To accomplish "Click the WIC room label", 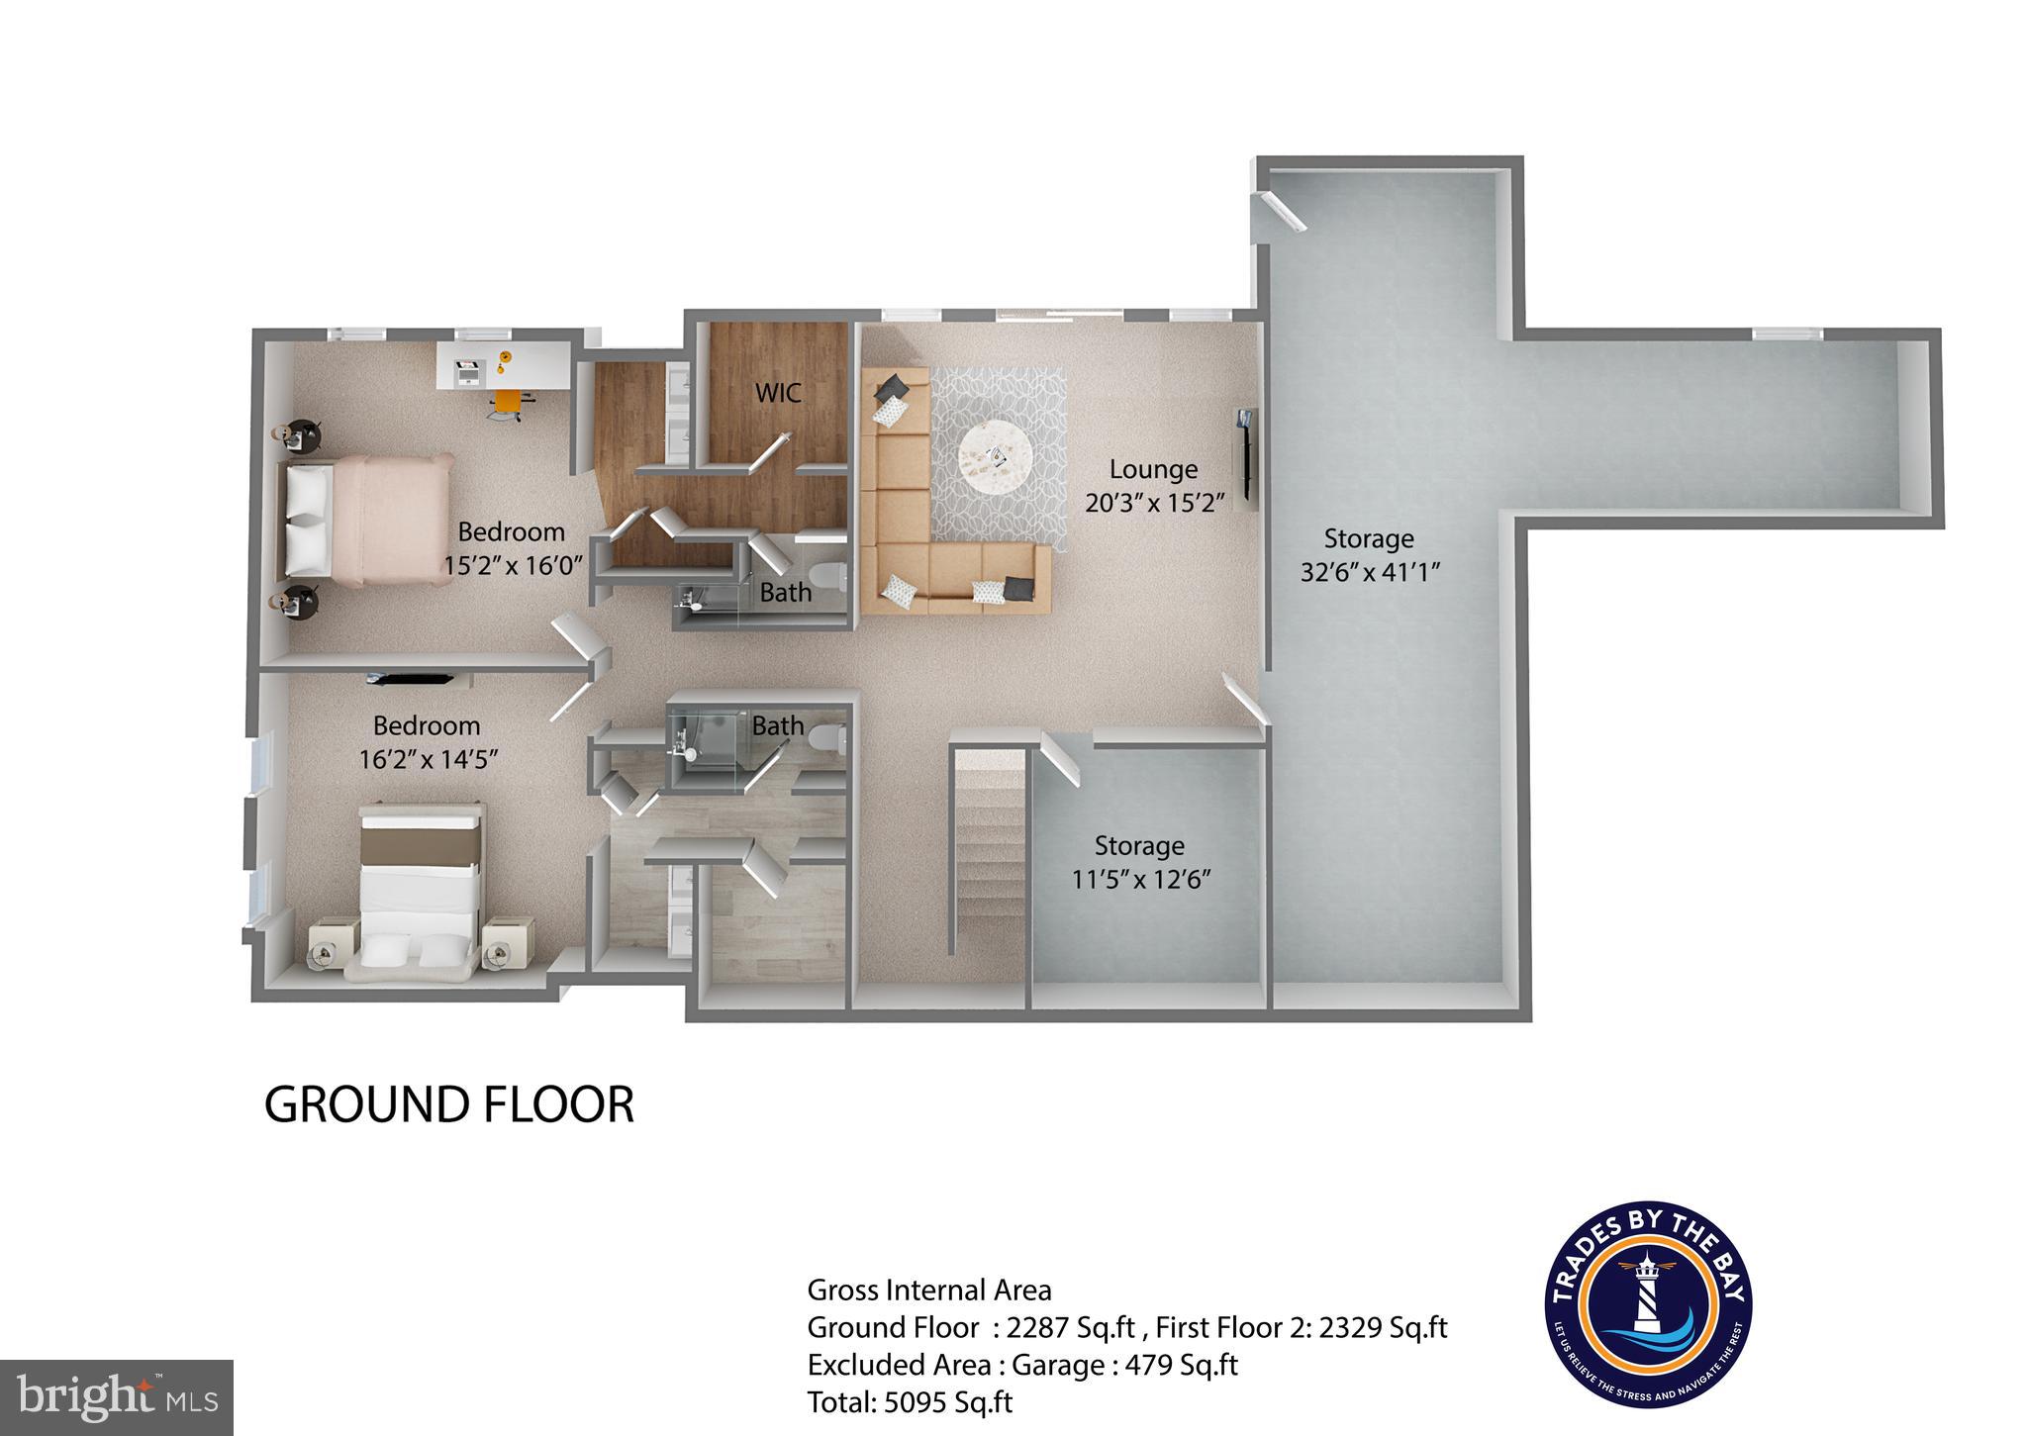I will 778,393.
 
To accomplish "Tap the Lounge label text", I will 1153,469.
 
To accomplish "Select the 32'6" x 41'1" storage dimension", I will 1369,572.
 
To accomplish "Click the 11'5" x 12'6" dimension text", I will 1141,879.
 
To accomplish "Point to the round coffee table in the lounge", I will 995,459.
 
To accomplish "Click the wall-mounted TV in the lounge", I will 1245,457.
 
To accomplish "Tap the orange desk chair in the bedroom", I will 507,402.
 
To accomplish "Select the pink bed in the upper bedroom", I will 366,518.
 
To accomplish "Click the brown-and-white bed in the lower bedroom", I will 421,884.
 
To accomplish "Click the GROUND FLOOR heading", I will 448,1105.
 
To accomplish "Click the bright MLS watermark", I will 117,1397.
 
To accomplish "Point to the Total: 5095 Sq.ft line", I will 910,1401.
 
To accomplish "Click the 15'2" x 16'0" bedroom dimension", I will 514,565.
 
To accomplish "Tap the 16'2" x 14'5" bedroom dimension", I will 428,759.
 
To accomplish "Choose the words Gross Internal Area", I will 928,1290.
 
